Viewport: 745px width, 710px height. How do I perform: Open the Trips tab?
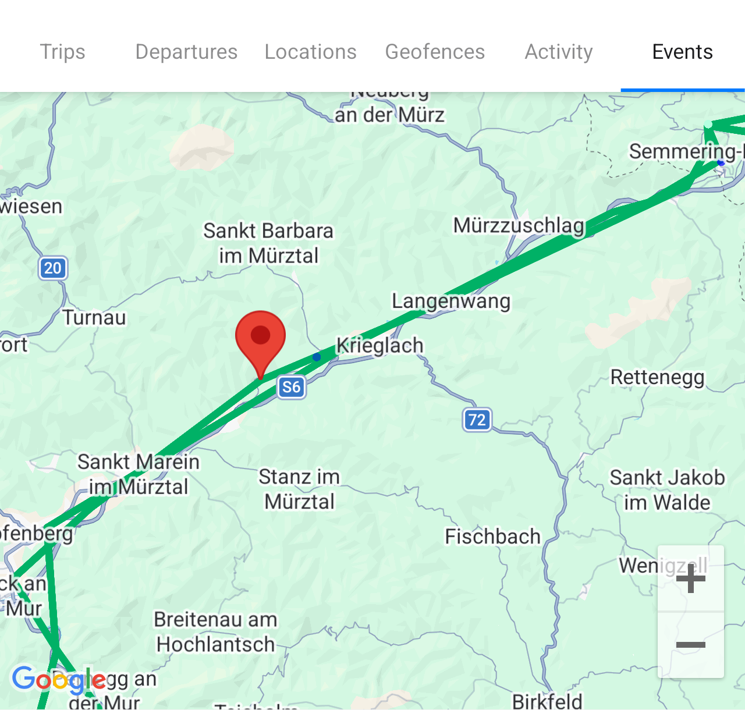(x=62, y=52)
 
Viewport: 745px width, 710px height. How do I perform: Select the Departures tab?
(x=186, y=52)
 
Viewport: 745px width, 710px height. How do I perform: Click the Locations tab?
(x=310, y=52)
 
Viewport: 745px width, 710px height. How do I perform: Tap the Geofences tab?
(x=435, y=52)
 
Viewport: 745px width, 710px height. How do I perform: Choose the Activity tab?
(x=559, y=52)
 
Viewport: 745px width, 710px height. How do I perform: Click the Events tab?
(x=682, y=52)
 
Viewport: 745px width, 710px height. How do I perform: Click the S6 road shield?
(x=292, y=387)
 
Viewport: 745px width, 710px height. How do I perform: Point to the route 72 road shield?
(x=477, y=420)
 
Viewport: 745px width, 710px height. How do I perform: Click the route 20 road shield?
(x=53, y=268)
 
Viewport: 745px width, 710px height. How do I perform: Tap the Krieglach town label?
(x=380, y=345)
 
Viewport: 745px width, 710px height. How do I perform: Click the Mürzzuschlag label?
(x=519, y=225)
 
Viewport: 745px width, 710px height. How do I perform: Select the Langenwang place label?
(x=451, y=301)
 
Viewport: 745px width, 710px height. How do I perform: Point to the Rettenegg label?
(x=657, y=377)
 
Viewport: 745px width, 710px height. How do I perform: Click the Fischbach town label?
(x=492, y=537)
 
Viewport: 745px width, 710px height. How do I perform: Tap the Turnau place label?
(x=94, y=318)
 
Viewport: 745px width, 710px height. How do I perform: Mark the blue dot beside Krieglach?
(x=317, y=357)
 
